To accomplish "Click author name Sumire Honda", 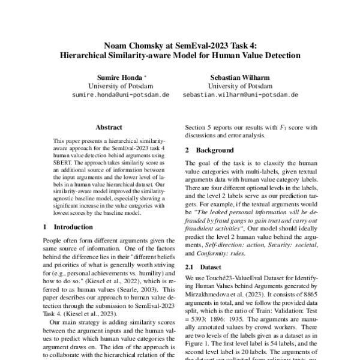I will (x=119, y=78).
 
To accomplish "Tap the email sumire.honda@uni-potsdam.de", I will (x=121, y=95).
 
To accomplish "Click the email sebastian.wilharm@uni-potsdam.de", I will (x=240, y=95).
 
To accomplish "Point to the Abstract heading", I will (x=109, y=127).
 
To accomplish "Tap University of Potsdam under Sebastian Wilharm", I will (x=240, y=86).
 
